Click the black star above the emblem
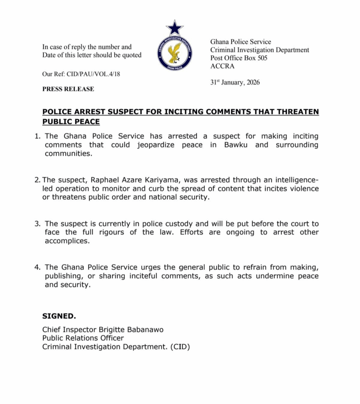174,27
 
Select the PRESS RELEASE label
68,89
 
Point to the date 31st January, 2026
235,82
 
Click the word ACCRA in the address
222,66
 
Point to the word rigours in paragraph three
108,232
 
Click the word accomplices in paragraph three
67,241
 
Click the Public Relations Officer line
83,338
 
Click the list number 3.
37,223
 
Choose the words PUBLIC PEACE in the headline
71,122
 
